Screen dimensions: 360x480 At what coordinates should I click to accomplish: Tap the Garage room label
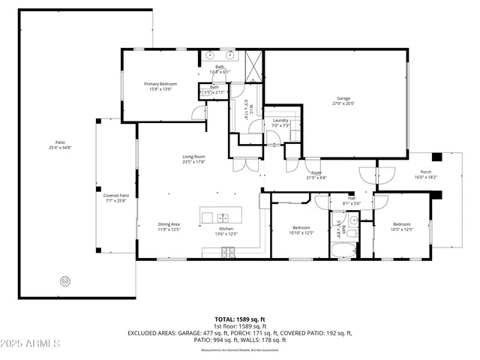click(343, 98)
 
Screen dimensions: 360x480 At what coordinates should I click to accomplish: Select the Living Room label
click(193, 157)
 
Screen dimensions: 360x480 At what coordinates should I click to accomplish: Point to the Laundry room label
click(280, 120)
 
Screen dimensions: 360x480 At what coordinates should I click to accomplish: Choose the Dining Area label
click(169, 224)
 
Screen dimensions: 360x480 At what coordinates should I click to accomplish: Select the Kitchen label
click(227, 229)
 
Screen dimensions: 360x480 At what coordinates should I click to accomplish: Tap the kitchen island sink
click(223, 217)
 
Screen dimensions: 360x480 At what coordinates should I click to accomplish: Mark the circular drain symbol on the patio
click(65, 281)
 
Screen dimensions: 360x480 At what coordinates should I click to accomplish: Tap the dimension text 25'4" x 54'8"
click(60, 148)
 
